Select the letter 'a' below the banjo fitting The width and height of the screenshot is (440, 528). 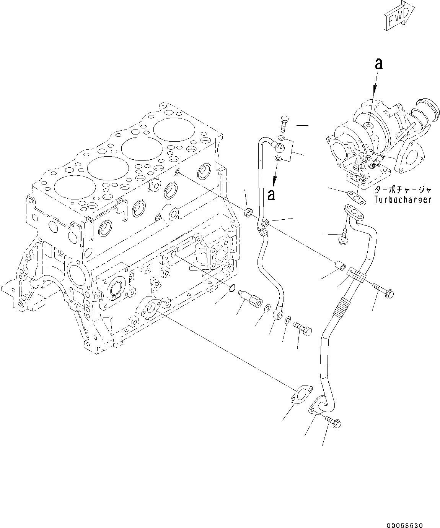272,194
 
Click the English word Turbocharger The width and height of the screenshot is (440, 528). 403,199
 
